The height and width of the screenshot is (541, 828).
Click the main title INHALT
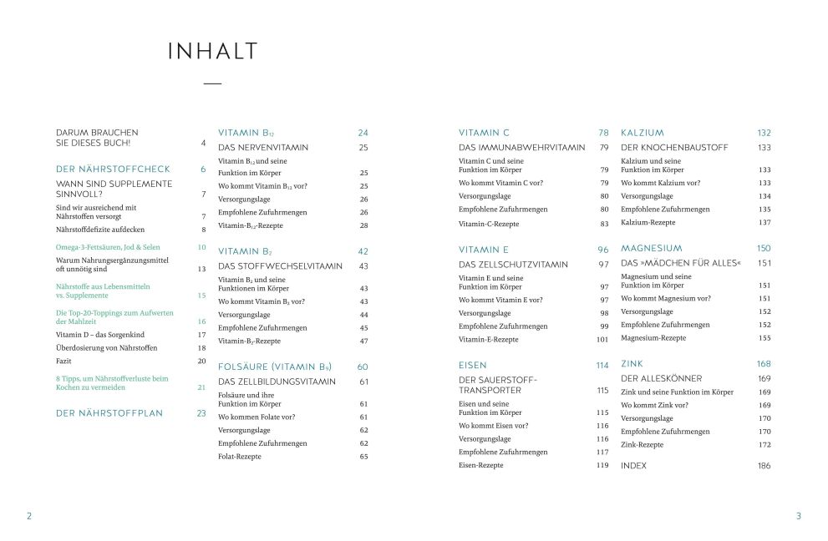click(213, 52)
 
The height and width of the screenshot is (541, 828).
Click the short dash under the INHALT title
click(213, 83)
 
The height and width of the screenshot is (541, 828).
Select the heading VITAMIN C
click(484, 133)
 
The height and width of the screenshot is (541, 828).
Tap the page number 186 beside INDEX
click(764, 466)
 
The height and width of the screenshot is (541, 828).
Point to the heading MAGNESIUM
click(651, 248)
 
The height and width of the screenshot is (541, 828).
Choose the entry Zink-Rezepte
click(642, 445)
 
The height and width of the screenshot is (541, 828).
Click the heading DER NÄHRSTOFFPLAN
click(109, 413)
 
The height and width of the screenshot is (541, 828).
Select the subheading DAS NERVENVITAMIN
click(263, 148)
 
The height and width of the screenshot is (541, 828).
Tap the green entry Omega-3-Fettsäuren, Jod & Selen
click(108, 247)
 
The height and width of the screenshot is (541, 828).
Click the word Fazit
click(65, 361)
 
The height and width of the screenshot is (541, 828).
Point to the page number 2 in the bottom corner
click(29, 516)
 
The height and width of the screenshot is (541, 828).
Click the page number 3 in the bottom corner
click(798, 516)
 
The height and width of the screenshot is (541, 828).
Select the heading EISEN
click(473, 365)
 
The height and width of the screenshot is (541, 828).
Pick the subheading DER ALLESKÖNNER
click(661, 378)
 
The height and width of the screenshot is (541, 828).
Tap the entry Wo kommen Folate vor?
click(257, 417)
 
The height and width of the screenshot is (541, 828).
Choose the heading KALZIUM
click(643, 133)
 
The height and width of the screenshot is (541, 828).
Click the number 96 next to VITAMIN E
click(602, 250)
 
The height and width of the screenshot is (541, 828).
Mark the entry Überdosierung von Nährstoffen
click(106, 347)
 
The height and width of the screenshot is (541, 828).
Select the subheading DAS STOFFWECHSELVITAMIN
click(280, 266)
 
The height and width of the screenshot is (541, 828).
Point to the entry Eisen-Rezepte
click(481, 465)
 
